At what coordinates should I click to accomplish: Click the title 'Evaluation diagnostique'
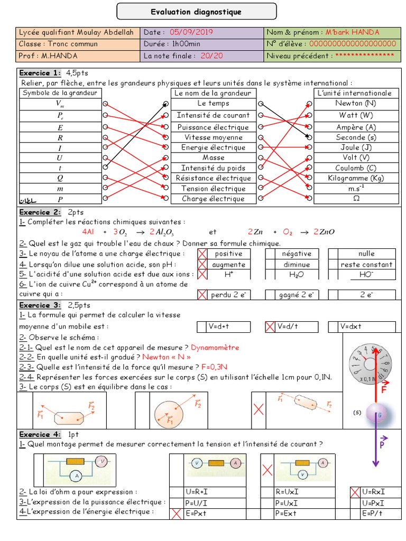pyautogui.click(x=196, y=12)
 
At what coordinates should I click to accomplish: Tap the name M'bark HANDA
pyautogui.click(x=352, y=32)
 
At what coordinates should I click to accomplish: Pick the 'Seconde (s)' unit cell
pyautogui.click(x=356, y=137)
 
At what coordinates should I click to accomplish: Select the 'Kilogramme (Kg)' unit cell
pyautogui.click(x=356, y=179)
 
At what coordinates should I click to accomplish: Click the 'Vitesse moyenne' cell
pyautogui.click(x=213, y=137)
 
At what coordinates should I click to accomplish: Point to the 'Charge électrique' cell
pyautogui.click(x=213, y=199)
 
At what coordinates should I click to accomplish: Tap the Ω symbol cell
pyautogui.click(x=356, y=199)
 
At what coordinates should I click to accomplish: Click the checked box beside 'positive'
pyautogui.click(x=202, y=254)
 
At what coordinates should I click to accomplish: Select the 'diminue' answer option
pyautogui.click(x=297, y=265)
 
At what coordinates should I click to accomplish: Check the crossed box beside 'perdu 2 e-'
pyautogui.click(x=202, y=295)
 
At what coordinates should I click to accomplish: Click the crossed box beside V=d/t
pyautogui.click(x=270, y=327)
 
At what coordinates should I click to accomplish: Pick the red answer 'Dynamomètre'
pyautogui.click(x=215, y=348)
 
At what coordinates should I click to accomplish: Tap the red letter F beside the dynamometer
pyautogui.click(x=385, y=390)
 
